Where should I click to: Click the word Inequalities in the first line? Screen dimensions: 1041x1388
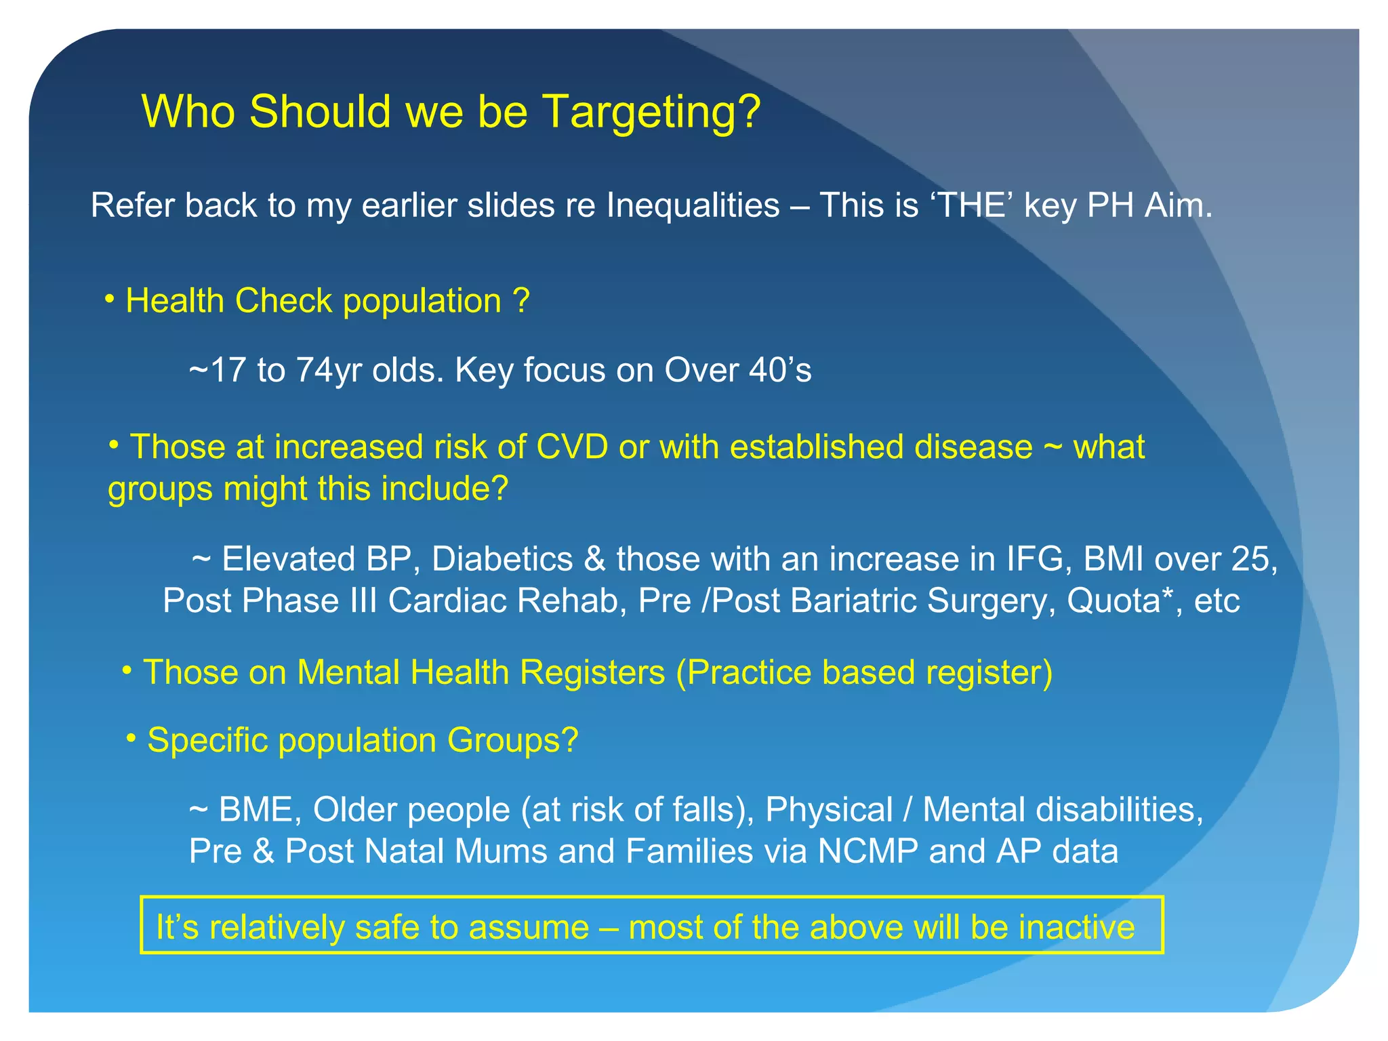[693, 205]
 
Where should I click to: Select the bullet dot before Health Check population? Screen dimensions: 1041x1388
[109, 299]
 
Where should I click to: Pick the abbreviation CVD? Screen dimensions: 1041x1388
[572, 447]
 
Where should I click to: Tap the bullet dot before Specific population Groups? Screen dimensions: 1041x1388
[131, 737]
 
